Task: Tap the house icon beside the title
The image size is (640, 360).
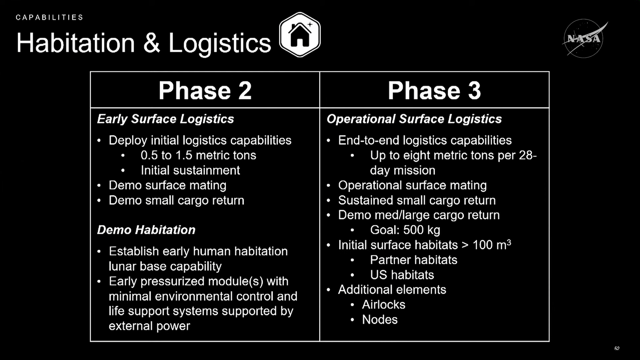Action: pyautogui.click(x=300, y=35)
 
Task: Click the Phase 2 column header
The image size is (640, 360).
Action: pyautogui.click(x=205, y=91)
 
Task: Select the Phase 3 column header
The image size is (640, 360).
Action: pyautogui.click(x=434, y=91)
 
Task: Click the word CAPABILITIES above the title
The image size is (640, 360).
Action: pyautogui.click(x=49, y=17)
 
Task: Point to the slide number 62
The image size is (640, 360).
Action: pyautogui.click(x=617, y=348)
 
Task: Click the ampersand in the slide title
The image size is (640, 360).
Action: pyautogui.click(x=152, y=43)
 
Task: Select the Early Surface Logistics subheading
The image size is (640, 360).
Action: pyautogui.click(x=165, y=119)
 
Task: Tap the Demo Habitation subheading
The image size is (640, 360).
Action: pyautogui.click(x=146, y=230)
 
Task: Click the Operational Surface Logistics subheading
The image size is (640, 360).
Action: pyautogui.click(x=414, y=119)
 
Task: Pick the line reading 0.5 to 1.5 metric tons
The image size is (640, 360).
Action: pyautogui.click(x=198, y=155)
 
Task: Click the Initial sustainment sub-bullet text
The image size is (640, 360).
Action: pyautogui.click(x=190, y=170)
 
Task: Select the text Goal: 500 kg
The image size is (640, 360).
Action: pyautogui.click(x=405, y=230)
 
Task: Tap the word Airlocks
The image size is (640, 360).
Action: pyautogui.click(x=384, y=305)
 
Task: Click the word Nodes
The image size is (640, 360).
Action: pyautogui.click(x=380, y=320)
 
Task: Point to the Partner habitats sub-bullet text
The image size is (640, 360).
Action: pyautogui.click(x=414, y=260)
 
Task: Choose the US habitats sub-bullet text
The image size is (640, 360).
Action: pyautogui.click(x=402, y=275)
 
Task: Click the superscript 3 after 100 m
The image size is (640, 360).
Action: pyautogui.click(x=509, y=242)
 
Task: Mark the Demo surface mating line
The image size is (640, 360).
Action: pyautogui.click(x=167, y=185)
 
